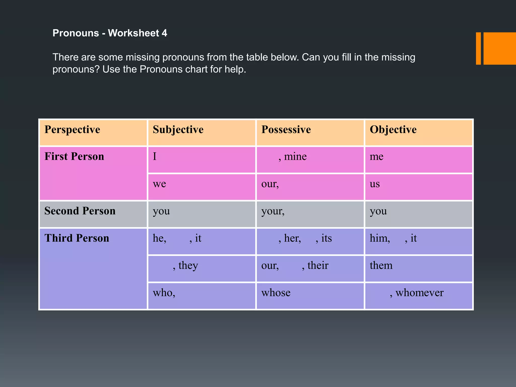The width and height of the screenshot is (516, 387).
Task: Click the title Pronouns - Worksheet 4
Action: point(110,33)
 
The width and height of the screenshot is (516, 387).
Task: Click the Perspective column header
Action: point(72,130)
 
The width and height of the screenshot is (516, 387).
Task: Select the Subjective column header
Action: point(178,130)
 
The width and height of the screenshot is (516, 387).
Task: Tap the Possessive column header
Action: point(286,130)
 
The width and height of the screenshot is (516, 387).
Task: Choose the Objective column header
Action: point(393,130)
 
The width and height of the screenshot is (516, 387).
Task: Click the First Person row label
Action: point(74,156)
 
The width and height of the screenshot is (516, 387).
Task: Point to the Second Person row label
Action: point(80,211)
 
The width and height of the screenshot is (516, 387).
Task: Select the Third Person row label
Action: point(77,238)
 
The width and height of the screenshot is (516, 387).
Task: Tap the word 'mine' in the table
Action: point(295,157)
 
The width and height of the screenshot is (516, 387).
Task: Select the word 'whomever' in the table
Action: point(419,293)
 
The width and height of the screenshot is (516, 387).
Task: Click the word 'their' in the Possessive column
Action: point(318,266)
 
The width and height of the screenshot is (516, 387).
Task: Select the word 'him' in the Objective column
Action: point(379,238)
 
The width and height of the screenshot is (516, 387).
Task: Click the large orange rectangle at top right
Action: point(499,48)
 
